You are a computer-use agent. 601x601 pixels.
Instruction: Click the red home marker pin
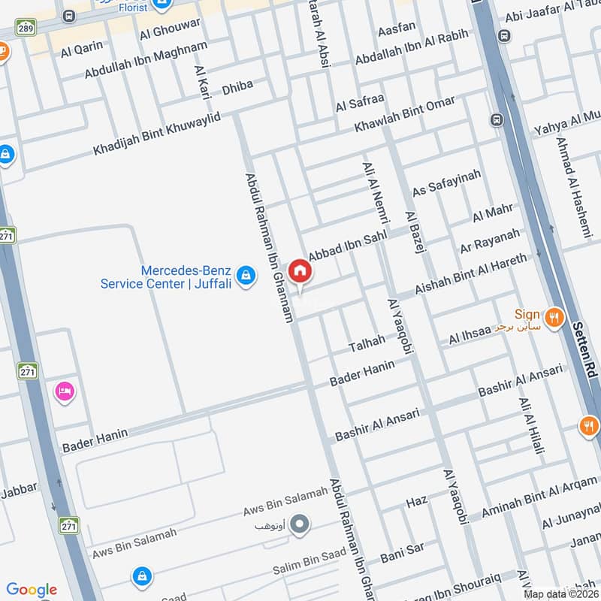[299, 271]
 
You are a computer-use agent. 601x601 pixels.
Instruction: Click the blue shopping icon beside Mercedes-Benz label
[245, 276]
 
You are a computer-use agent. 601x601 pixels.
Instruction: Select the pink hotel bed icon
[64, 391]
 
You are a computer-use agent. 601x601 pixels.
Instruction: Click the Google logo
[32, 590]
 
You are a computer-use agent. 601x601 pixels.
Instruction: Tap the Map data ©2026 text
[560, 593]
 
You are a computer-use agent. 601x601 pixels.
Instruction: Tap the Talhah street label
[367, 344]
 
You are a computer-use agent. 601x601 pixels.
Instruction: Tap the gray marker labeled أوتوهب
[300, 524]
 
